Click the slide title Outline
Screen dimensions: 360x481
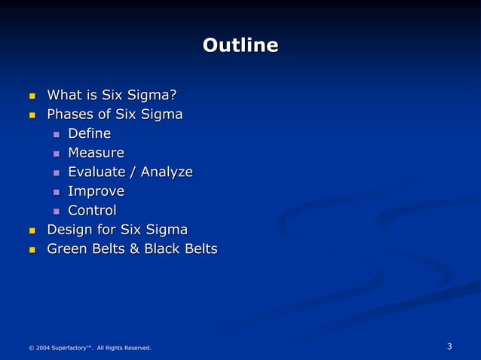(x=240, y=46)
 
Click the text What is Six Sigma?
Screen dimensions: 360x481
(x=112, y=95)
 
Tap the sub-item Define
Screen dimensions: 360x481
(x=89, y=133)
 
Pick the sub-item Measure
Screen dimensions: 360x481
(x=96, y=153)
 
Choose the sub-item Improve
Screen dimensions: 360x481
(x=96, y=191)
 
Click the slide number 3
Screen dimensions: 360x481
(x=449, y=346)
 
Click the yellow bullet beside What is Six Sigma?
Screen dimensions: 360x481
(x=32, y=96)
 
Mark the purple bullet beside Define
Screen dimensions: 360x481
(x=56, y=135)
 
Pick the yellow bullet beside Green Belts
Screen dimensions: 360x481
(x=32, y=250)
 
